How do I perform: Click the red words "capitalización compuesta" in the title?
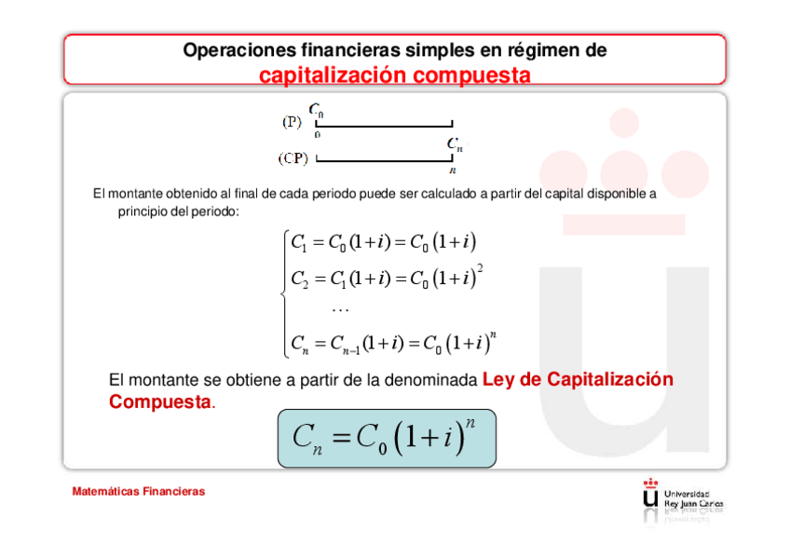[x=394, y=74]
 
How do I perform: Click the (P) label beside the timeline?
[x=293, y=121]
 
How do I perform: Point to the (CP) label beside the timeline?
[x=294, y=157]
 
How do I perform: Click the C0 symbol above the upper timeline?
[x=317, y=111]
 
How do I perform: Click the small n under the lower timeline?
[x=453, y=170]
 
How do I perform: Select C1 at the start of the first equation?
[x=298, y=245]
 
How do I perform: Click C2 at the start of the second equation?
[x=299, y=279]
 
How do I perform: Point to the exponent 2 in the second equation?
[x=480, y=268]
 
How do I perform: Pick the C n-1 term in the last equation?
[x=344, y=345]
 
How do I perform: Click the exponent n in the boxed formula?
[x=470, y=424]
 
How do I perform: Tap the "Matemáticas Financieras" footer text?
[x=139, y=491]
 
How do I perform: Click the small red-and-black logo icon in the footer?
[x=650, y=494]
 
